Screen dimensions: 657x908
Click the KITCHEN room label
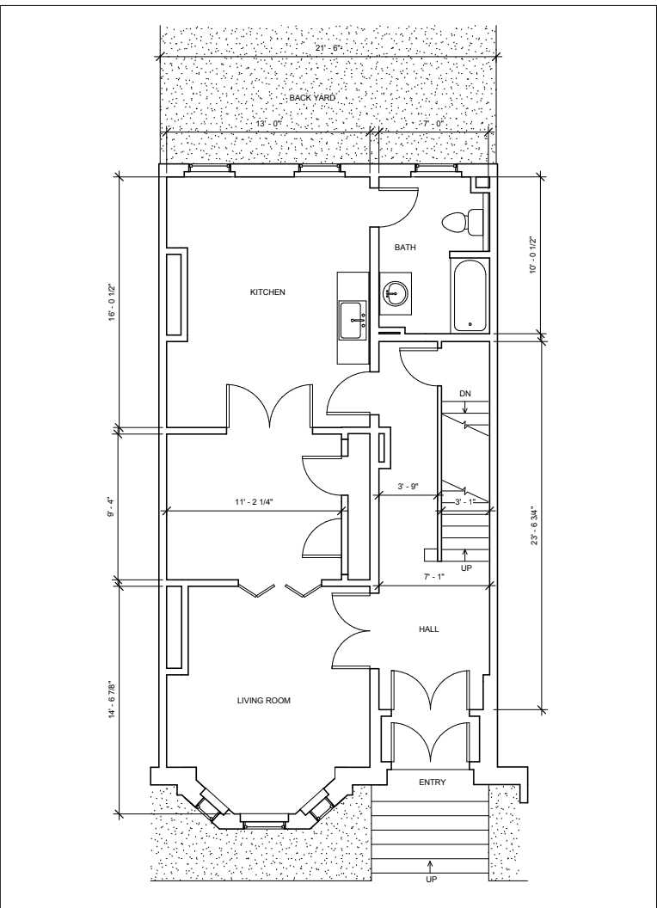click(267, 291)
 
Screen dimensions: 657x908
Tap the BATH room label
click(405, 248)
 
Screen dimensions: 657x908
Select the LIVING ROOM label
click(264, 700)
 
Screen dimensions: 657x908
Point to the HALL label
click(429, 629)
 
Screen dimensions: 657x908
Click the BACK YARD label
click(312, 98)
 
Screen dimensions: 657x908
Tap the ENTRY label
click(433, 782)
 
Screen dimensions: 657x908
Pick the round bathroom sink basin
click(396, 293)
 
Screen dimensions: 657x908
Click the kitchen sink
click(353, 320)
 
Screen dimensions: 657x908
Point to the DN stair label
click(465, 394)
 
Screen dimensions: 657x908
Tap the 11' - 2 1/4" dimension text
click(253, 502)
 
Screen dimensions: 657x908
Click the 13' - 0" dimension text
click(268, 123)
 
